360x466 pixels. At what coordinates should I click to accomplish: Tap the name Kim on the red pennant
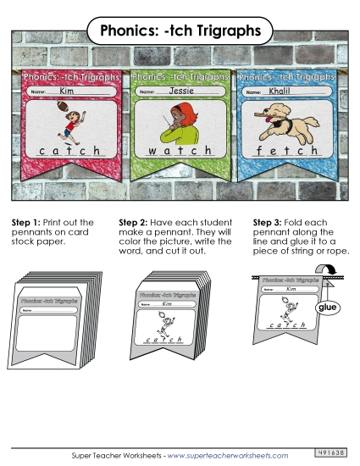(x=67, y=89)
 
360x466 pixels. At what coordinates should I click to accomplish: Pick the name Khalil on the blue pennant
(x=280, y=89)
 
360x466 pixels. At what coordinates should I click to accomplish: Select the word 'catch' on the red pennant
(x=71, y=151)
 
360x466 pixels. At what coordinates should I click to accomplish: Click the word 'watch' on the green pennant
(x=180, y=151)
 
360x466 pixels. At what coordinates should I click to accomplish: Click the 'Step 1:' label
(x=25, y=222)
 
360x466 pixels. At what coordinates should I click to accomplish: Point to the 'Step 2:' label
(x=135, y=222)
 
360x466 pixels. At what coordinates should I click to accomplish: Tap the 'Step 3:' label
(x=268, y=222)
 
